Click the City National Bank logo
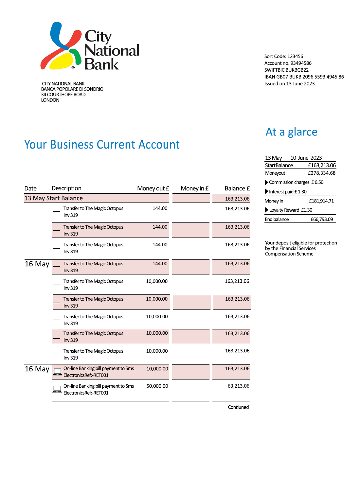click(90, 46)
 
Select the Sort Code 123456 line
click(283, 56)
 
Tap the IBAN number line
click(304, 77)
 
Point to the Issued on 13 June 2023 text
click(289, 84)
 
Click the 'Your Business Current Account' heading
click(102, 145)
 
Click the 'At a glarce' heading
click(291, 132)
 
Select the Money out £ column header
click(153, 188)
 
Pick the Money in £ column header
click(194, 188)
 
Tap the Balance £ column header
click(237, 188)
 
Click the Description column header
click(66, 188)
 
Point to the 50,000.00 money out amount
click(157, 386)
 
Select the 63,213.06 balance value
click(238, 386)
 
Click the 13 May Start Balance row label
click(54, 198)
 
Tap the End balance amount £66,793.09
click(321, 220)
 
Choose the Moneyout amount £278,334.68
click(321, 173)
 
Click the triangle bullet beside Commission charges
click(266, 182)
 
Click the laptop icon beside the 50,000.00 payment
click(57, 389)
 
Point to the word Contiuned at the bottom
click(238, 407)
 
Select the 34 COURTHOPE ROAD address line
click(63, 95)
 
